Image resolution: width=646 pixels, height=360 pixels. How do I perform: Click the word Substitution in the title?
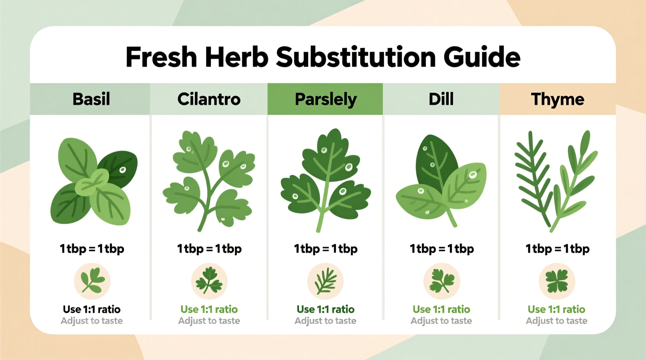356,57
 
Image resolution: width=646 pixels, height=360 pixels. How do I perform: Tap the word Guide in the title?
481,57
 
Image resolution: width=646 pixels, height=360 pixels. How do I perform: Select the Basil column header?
91,99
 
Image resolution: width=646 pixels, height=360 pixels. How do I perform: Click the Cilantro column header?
209,99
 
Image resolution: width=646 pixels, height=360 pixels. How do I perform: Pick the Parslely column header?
325,99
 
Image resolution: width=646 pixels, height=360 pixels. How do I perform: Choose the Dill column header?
441,99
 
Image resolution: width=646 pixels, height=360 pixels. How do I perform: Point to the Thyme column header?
557,99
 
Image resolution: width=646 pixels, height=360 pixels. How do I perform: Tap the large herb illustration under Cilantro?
209,180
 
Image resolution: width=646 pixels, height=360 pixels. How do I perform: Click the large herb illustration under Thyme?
556,180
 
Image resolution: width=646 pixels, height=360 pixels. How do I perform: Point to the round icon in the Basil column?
92,281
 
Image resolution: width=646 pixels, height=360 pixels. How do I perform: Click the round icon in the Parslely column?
325,281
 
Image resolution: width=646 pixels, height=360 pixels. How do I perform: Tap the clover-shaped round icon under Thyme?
557,281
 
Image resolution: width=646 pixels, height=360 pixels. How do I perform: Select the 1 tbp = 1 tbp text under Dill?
441,249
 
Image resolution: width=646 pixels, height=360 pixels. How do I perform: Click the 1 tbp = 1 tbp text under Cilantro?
209,249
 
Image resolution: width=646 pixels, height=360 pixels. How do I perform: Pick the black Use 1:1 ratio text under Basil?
92,309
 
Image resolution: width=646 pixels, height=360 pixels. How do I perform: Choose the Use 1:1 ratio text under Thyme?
556,309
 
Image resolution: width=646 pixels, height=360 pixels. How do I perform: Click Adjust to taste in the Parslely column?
325,321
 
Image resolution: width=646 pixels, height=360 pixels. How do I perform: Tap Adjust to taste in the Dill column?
441,321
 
